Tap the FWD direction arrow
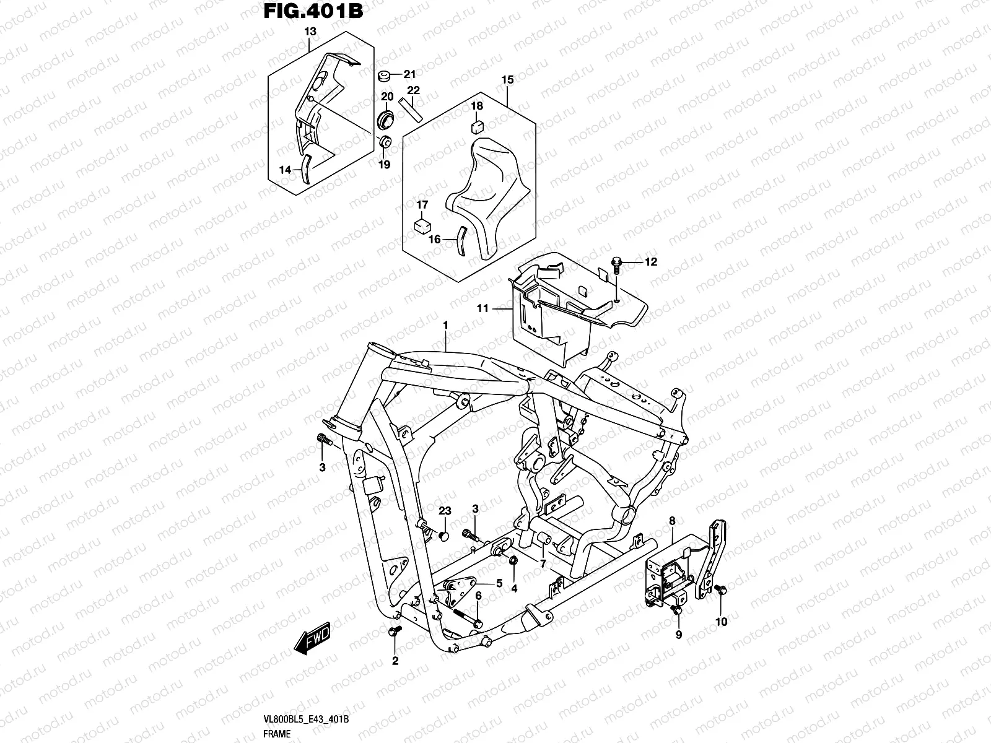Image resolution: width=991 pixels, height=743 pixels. pyautogui.click(x=313, y=638)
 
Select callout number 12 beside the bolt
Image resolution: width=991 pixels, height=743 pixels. pyautogui.click(x=650, y=263)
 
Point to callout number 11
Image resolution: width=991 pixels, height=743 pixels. pyautogui.click(x=482, y=308)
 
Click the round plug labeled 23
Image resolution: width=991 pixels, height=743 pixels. pyautogui.click(x=443, y=533)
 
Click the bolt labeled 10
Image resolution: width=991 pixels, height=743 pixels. pyautogui.click(x=721, y=591)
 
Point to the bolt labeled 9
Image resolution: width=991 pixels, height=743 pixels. pyautogui.click(x=678, y=610)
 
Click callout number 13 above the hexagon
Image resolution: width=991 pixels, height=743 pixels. pyautogui.click(x=310, y=31)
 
